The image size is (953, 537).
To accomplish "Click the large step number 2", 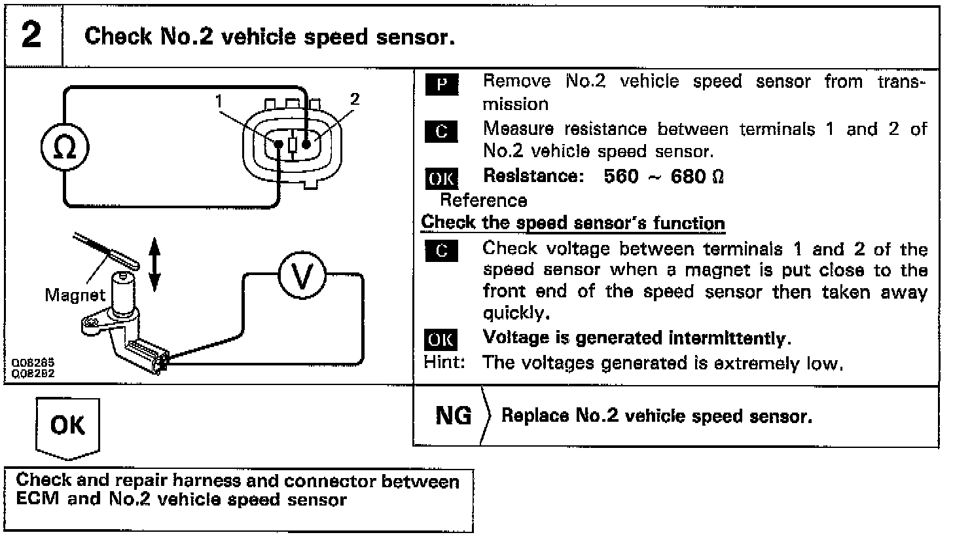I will point(31,35).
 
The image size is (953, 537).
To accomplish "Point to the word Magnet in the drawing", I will point(75,295).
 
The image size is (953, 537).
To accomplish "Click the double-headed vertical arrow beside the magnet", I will point(154,264).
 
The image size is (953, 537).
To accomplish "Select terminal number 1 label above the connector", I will point(219,101).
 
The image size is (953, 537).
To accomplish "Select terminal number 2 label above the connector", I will point(355,99).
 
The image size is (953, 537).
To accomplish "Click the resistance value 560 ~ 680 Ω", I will point(664,177).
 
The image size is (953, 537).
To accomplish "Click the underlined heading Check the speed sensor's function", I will point(573,222).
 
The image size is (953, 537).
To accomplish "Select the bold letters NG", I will point(454,416).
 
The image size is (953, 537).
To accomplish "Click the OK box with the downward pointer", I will point(68,426).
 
